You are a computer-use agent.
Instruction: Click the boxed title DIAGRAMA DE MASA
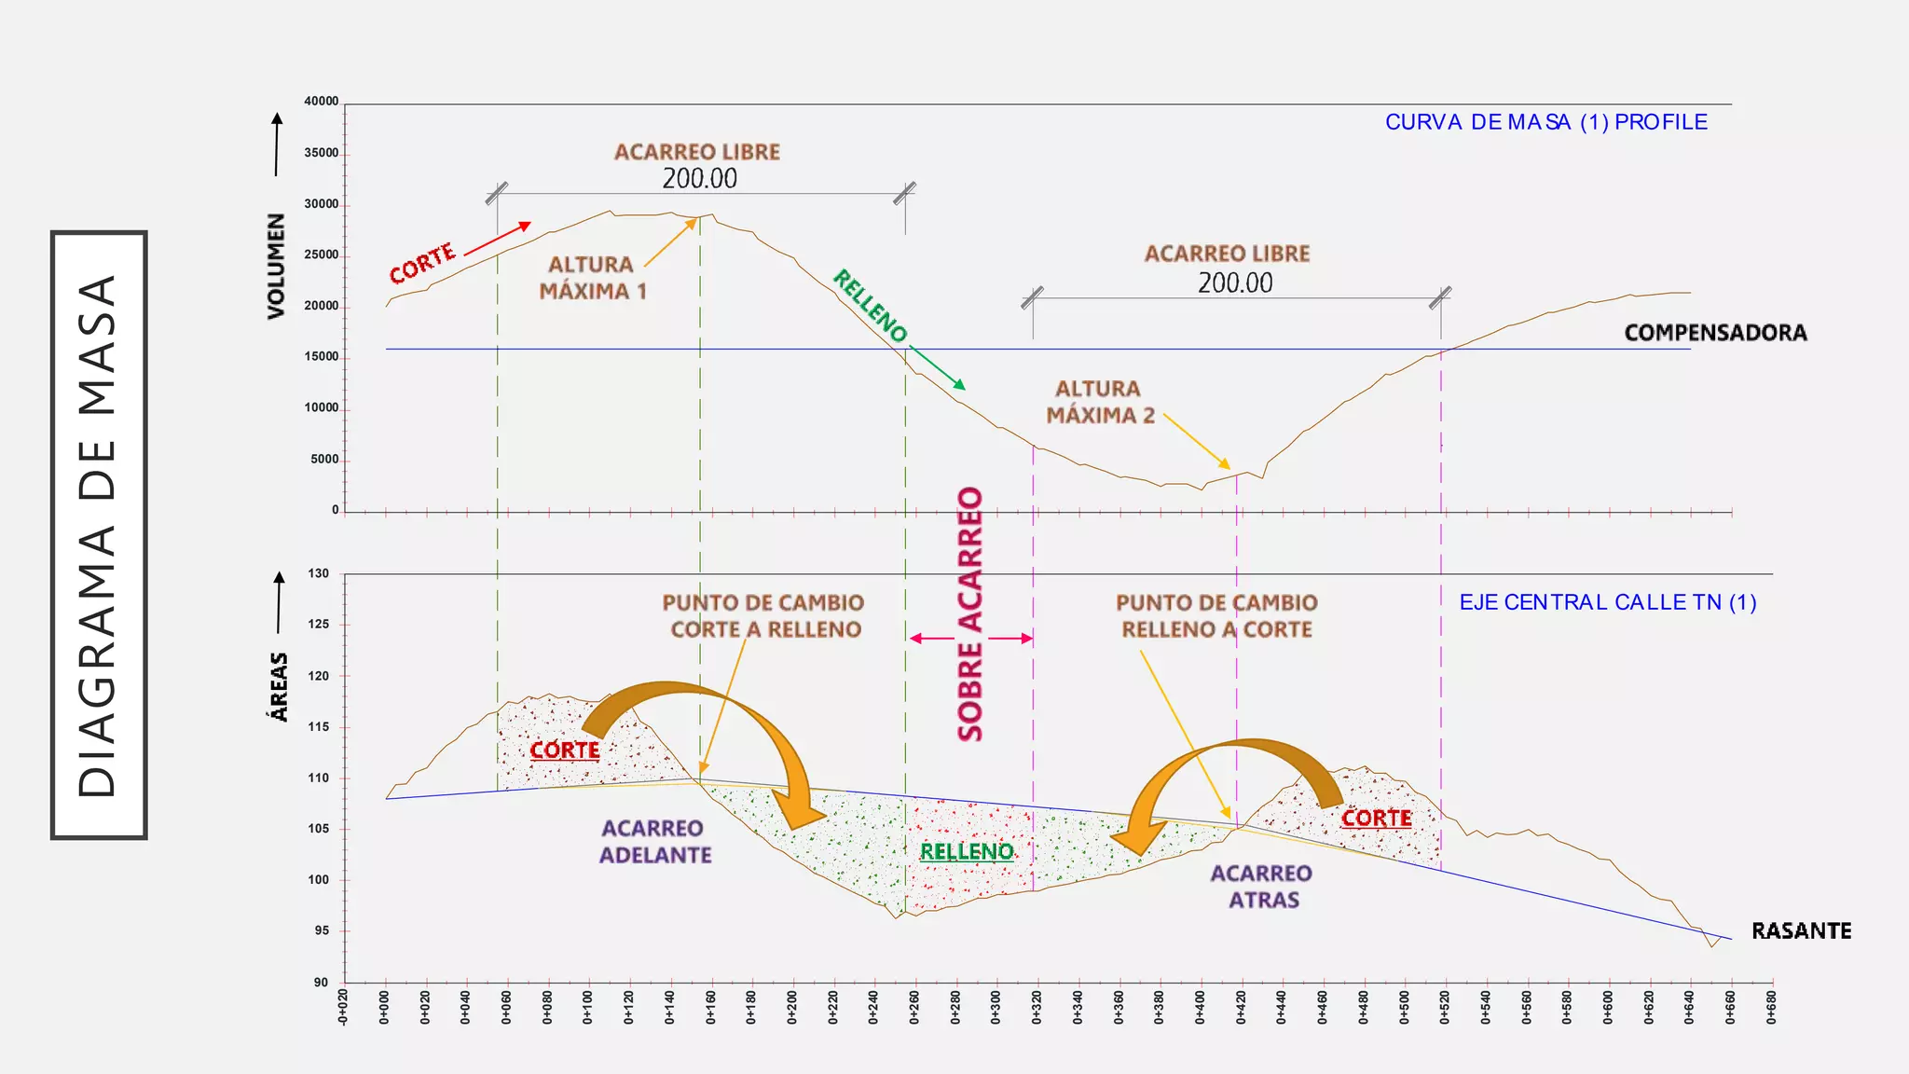tap(99, 535)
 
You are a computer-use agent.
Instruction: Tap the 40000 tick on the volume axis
tap(322, 101)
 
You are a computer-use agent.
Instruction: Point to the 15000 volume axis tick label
tap(322, 356)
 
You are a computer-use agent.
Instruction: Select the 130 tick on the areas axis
tap(319, 573)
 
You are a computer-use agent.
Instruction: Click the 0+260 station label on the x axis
tap(914, 1008)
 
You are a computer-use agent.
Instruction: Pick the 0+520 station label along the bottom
tap(1445, 1008)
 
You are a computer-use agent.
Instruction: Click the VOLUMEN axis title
tap(276, 267)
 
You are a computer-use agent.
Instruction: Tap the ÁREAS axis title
tap(278, 687)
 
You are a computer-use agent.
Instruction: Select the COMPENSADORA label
tap(1715, 333)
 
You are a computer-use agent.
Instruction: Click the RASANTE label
tap(1801, 930)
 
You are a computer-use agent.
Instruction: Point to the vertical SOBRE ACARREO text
tap(970, 613)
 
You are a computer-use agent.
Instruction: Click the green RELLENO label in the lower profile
tap(967, 851)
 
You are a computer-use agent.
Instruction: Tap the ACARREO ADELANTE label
tap(654, 842)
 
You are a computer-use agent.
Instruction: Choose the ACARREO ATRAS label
tap(1261, 887)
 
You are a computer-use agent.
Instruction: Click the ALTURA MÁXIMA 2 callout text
tap(1100, 402)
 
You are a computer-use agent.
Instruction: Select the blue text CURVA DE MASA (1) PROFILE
tap(1546, 122)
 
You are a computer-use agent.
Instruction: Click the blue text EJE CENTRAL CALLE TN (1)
tap(1608, 602)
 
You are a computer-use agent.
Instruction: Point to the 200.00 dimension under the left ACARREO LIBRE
tap(699, 178)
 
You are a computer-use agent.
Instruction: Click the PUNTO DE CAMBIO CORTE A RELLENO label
tap(764, 616)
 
